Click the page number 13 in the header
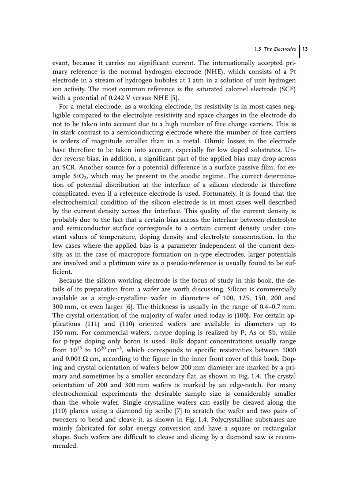coord(304,49)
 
